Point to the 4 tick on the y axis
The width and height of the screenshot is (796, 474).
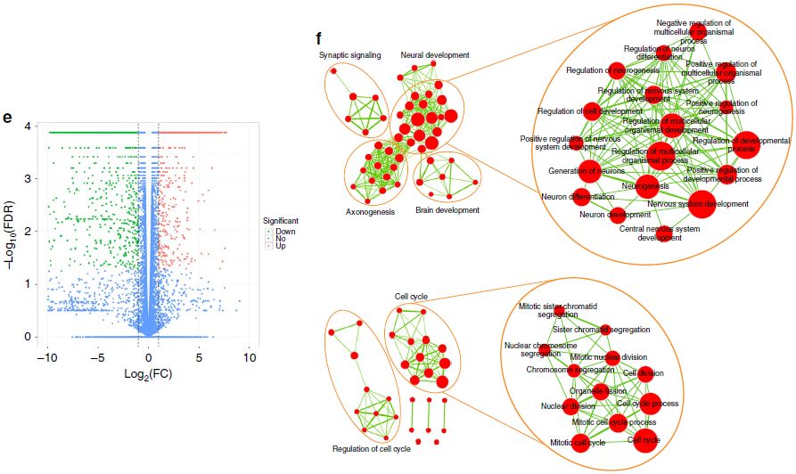pyautogui.click(x=30, y=127)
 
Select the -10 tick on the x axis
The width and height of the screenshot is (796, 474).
pyautogui.click(x=47, y=357)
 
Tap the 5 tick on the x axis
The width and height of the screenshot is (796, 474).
pyautogui.click(x=199, y=357)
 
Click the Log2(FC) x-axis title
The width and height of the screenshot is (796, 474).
pyautogui.click(x=148, y=373)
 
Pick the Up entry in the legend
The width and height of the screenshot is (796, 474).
pyautogui.click(x=282, y=246)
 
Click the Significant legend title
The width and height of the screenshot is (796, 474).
pyautogui.click(x=281, y=220)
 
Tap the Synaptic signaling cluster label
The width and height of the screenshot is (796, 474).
pyautogui.click(x=350, y=55)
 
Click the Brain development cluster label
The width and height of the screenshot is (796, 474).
pyautogui.click(x=447, y=210)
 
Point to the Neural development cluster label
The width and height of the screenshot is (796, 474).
pyautogui.click(x=435, y=55)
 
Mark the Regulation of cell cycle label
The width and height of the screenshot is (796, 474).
pyautogui.click(x=371, y=449)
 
